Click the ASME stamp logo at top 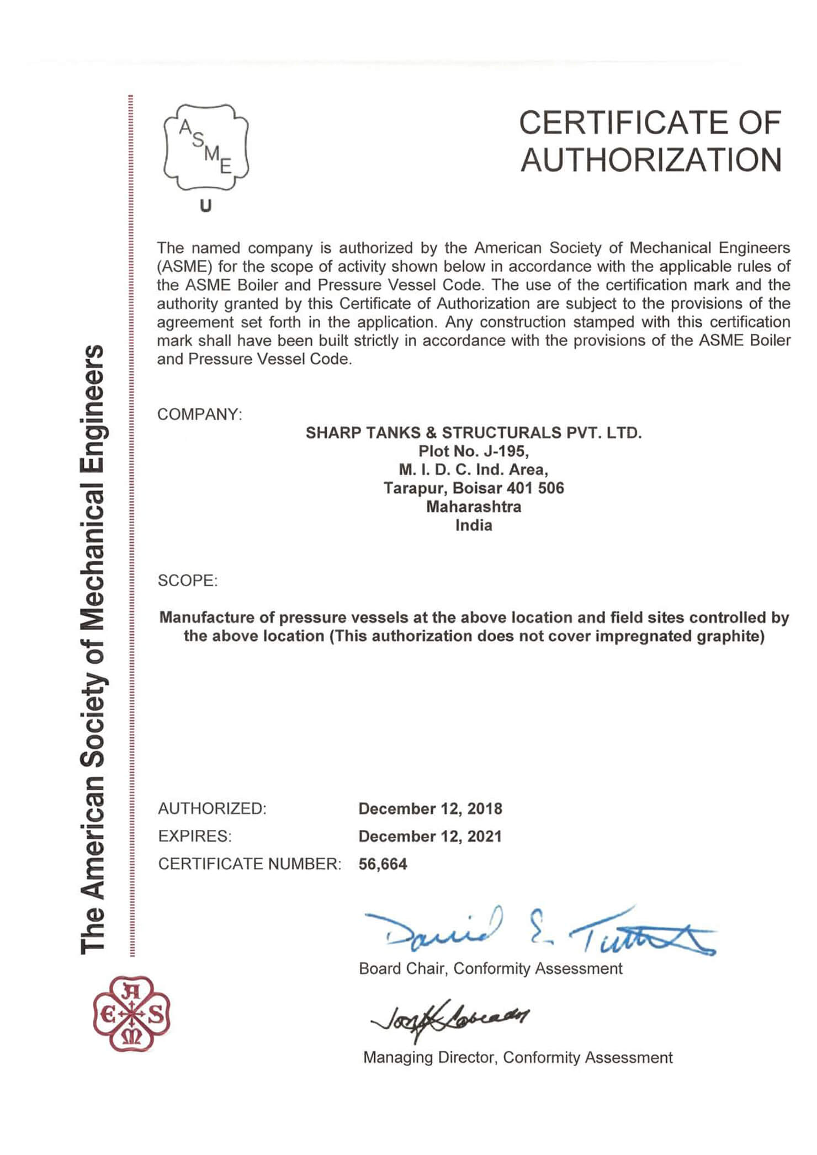(206, 148)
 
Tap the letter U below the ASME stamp (205, 206)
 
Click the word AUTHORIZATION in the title (651, 160)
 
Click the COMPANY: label (199, 414)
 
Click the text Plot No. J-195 (473, 451)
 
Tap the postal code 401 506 (536, 488)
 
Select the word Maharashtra (473, 507)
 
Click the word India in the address (473, 525)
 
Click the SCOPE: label (188, 581)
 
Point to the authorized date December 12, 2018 (430, 809)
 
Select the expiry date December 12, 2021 (430, 837)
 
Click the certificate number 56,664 (383, 864)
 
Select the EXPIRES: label (194, 837)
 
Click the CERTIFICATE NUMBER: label (250, 864)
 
